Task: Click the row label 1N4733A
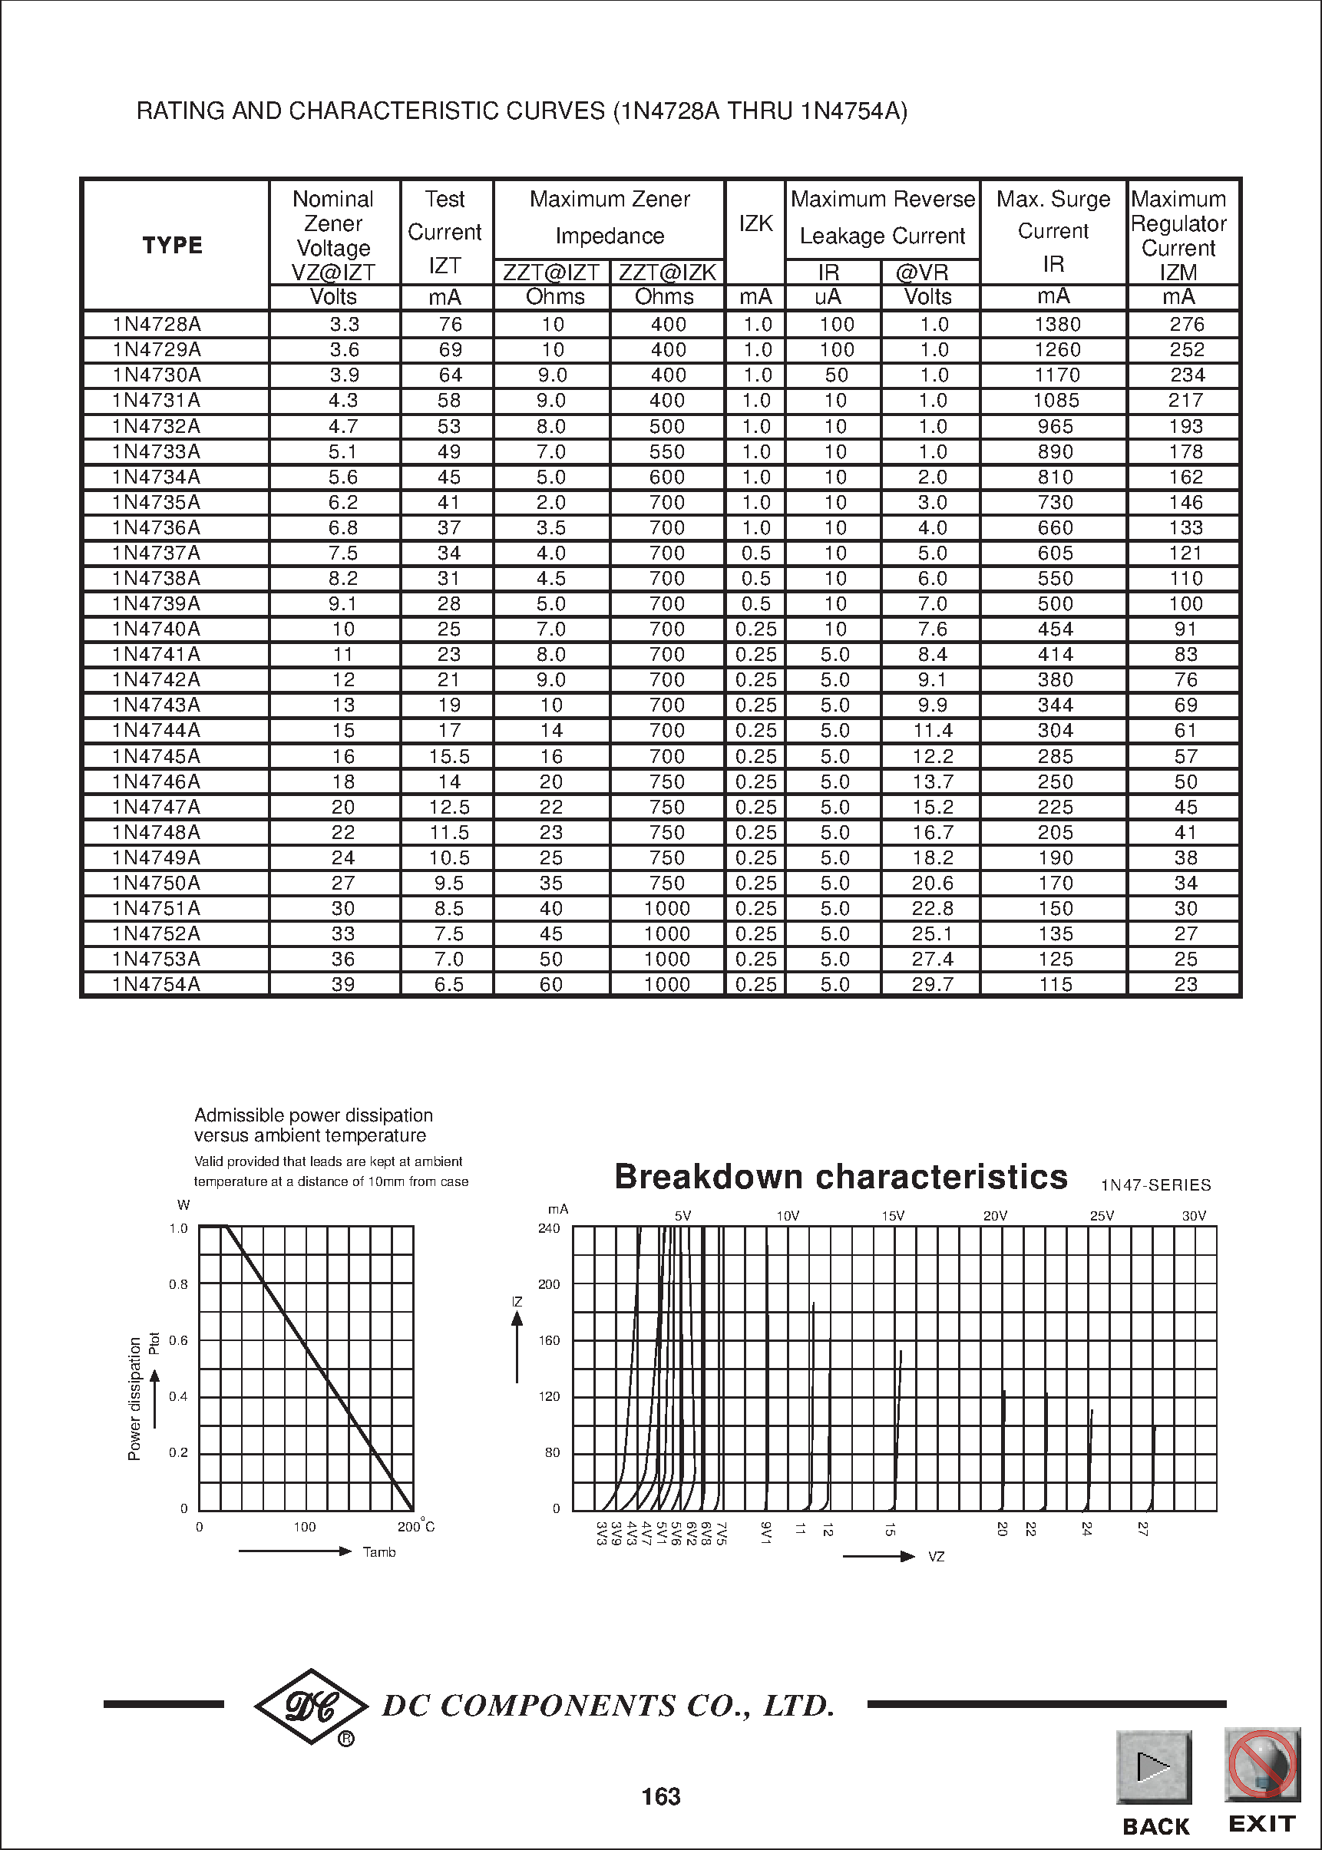click(x=157, y=451)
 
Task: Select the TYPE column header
click(x=172, y=244)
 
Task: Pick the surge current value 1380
click(x=1056, y=324)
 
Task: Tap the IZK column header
click(x=755, y=223)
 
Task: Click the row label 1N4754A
click(x=157, y=984)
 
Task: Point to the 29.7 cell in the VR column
click(x=931, y=984)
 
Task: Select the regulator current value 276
click(x=1186, y=324)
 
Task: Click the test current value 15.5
click(x=448, y=756)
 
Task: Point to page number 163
click(x=660, y=1796)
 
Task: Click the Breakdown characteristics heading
click(x=840, y=1177)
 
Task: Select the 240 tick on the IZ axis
click(x=550, y=1228)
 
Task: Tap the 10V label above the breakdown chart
click(x=787, y=1215)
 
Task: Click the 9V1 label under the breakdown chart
click(x=765, y=1532)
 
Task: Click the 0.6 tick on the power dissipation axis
click(x=178, y=1340)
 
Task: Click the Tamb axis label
click(x=378, y=1552)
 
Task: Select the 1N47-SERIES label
click(x=1155, y=1185)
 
